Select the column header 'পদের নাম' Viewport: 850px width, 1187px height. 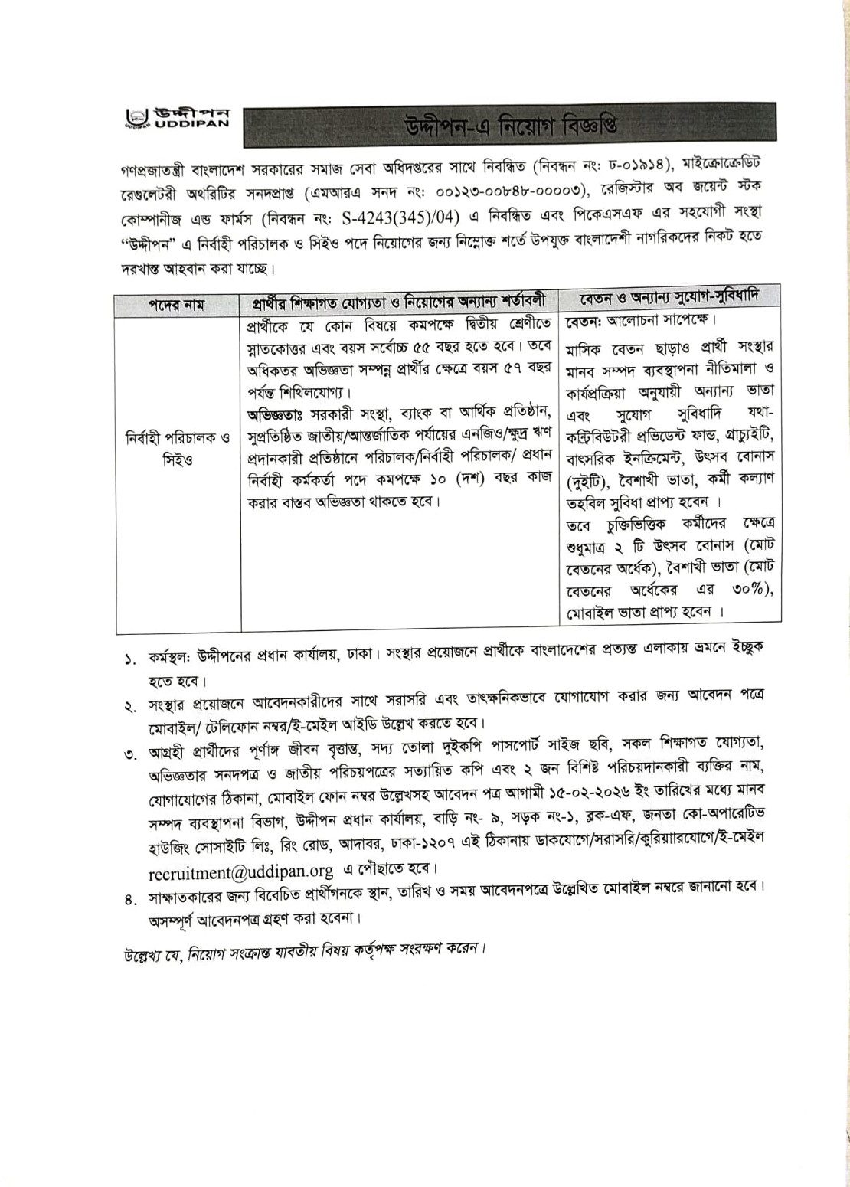pos(177,304)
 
